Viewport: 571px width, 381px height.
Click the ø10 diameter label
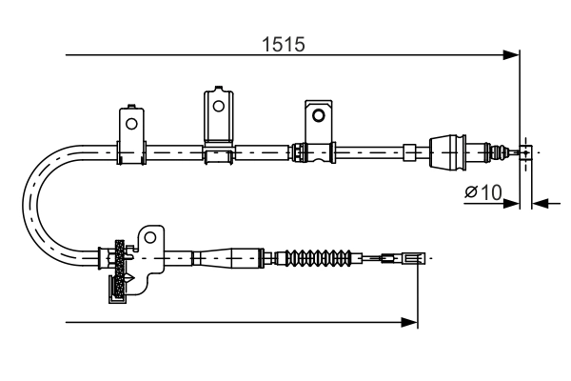[482, 192]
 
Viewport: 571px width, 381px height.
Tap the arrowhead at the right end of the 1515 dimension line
[511, 55]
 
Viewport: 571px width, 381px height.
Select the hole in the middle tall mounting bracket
[219, 105]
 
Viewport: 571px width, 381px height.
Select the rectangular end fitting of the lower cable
[413, 257]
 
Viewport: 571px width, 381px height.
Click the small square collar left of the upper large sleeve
[409, 150]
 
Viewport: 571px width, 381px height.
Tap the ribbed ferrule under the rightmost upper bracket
[301, 150]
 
